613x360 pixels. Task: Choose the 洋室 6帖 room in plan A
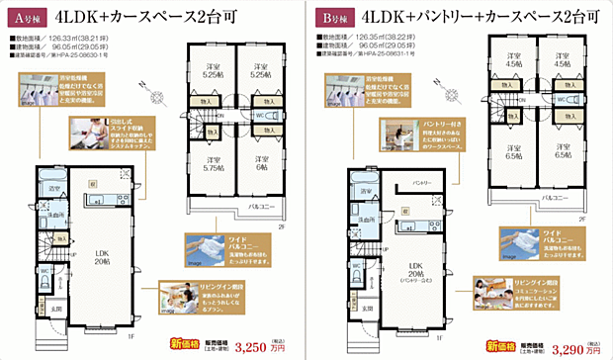pos(261,164)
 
